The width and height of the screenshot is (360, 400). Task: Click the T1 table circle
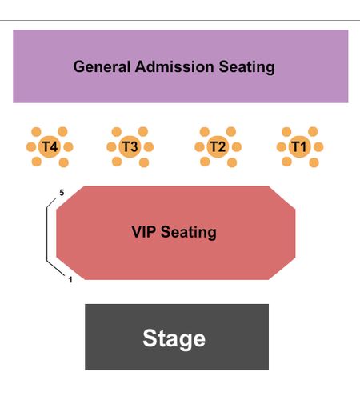(x=299, y=146)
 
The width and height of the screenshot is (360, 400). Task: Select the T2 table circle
(x=218, y=146)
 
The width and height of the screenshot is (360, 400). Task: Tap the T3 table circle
(x=130, y=146)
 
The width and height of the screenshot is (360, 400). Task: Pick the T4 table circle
(x=50, y=146)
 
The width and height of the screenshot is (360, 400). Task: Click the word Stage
(x=174, y=338)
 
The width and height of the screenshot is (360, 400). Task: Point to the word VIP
(x=143, y=231)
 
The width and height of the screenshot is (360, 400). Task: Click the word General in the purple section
(x=102, y=66)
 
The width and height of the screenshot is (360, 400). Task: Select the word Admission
(x=174, y=66)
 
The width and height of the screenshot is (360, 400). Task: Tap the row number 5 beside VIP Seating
(x=62, y=193)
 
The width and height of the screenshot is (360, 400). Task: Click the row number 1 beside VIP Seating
(x=70, y=280)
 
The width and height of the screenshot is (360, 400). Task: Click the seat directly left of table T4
(x=31, y=147)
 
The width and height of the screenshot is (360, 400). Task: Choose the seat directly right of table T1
(x=318, y=147)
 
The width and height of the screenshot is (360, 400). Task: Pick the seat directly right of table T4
(x=68, y=147)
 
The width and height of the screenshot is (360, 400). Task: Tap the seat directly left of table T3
(x=111, y=147)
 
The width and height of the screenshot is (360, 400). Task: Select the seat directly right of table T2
(x=237, y=147)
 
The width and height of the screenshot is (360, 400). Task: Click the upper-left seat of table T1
(x=286, y=132)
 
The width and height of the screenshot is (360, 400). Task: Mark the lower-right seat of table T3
(x=144, y=162)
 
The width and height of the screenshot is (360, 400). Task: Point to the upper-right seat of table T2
(x=231, y=131)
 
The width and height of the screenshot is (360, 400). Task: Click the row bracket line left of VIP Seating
(x=47, y=234)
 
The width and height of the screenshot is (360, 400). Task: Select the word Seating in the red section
(x=188, y=232)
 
